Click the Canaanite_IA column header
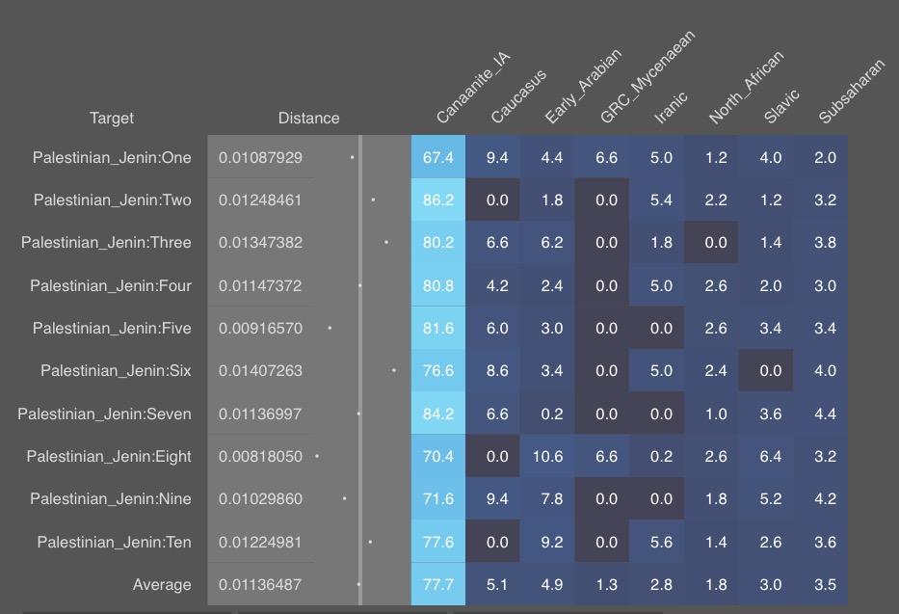coord(472,88)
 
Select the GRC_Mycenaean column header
coord(648,77)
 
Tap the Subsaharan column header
coord(852,92)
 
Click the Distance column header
coord(308,119)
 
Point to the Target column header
coord(111,119)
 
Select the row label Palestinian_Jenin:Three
coord(106,243)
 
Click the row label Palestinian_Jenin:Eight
coord(109,456)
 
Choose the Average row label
coord(162,585)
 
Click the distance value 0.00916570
coord(260,328)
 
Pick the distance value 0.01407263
coord(260,370)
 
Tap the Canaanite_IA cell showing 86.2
coord(438,200)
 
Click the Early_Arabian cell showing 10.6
coord(547,456)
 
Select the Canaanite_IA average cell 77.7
coord(438,584)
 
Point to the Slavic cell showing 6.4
coord(771,456)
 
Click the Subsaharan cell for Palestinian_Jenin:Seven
coord(825,414)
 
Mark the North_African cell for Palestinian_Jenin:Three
coord(716,243)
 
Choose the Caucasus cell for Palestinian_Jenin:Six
coord(497,370)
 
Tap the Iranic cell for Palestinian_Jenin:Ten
coord(661,542)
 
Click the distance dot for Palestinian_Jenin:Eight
coord(317,456)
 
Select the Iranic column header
coord(671,108)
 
